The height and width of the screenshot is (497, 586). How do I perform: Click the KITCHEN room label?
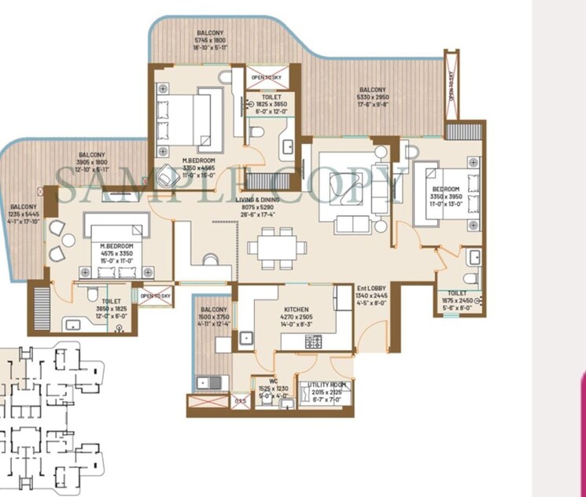[296, 310]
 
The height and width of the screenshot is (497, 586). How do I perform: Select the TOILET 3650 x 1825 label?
[111, 300]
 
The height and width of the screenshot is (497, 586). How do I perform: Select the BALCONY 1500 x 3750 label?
[213, 310]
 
